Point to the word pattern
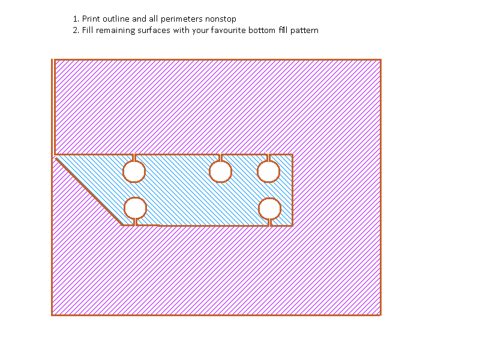point(304,30)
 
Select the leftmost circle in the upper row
point(134,172)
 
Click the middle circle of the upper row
point(221,172)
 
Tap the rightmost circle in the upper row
point(268,172)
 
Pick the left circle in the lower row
point(135,208)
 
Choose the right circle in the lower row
point(270,208)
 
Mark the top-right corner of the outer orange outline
point(380,60)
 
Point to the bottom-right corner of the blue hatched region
point(292,225)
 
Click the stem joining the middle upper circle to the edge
point(221,158)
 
